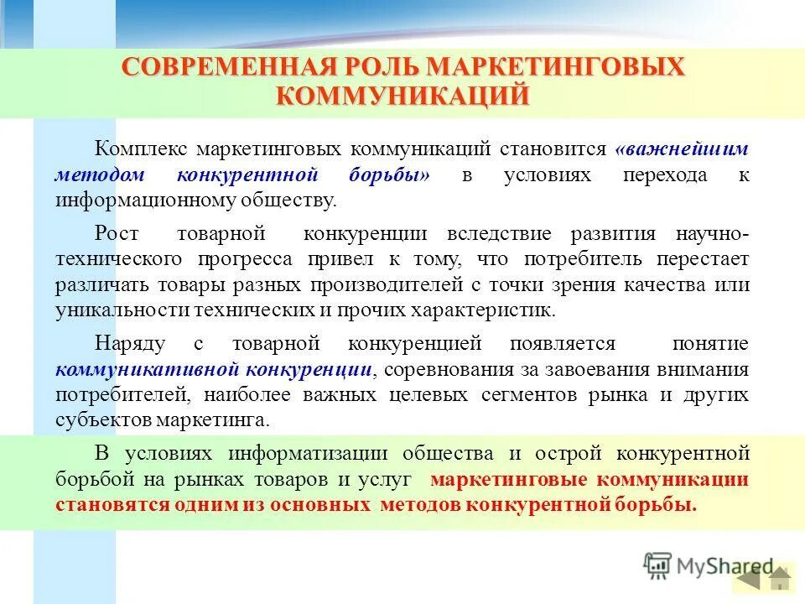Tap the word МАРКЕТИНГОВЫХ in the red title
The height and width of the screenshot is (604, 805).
(x=555, y=67)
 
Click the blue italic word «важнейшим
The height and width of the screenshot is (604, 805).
(x=681, y=149)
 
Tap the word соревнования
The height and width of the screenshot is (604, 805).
(x=441, y=369)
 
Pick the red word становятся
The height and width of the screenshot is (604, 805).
(x=106, y=506)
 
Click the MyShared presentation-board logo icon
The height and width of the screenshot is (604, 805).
(x=658, y=566)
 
